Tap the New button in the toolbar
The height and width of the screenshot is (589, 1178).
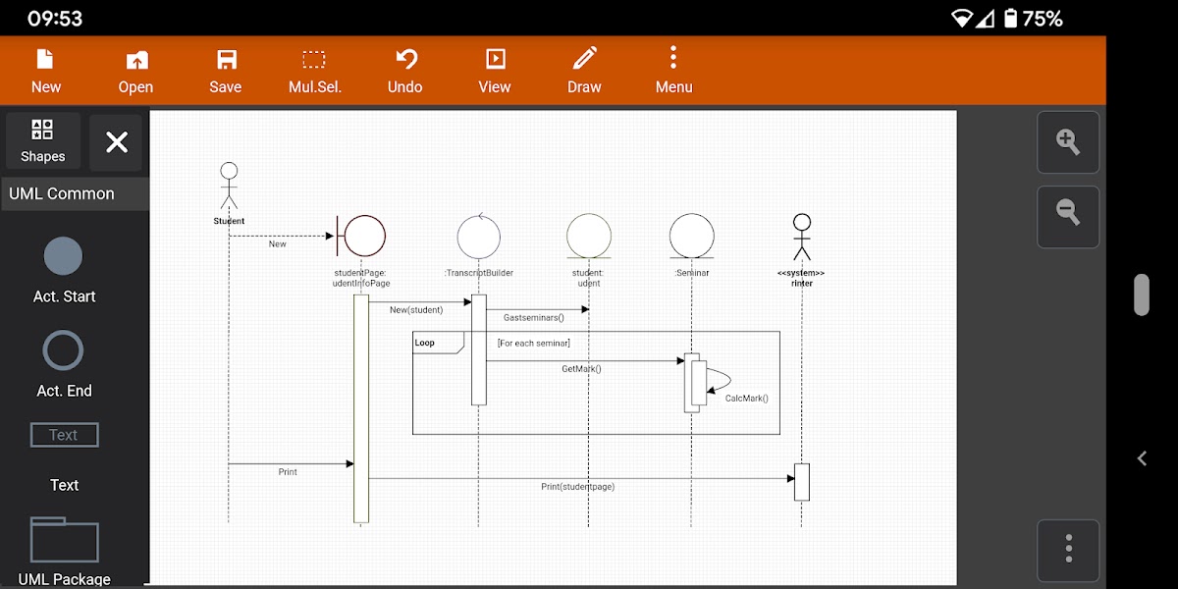tap(45, 71)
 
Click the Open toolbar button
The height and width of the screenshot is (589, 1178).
tap(135, 71)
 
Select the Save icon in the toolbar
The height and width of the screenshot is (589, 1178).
tap(226, 71)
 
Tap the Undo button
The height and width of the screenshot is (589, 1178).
tap(404, 71)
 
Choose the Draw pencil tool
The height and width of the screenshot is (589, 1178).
tap(584, 71)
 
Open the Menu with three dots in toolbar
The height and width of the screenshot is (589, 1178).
tap(673, 71)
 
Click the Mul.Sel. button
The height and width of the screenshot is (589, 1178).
tap(314, 71)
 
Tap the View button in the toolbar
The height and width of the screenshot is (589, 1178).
tap(495, 71)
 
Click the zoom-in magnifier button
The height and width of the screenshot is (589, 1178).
tap(1068, 142)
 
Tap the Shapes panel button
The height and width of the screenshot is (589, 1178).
tap(42, 141)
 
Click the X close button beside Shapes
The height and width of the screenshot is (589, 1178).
tap(117, 142)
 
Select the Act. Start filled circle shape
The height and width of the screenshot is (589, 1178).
tap(64, 256)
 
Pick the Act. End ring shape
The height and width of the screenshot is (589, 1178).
tap(64, 350)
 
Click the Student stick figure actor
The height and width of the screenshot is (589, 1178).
tap(229, 187)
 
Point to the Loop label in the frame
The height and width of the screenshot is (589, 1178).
tap(425, 343)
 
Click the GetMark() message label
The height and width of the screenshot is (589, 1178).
tap(581, 369)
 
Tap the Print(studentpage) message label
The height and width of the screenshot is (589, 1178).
tap(577, 487)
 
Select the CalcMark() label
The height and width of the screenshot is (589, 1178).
tap(746, 399)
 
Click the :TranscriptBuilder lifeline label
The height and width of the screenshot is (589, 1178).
tap(479, 273)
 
